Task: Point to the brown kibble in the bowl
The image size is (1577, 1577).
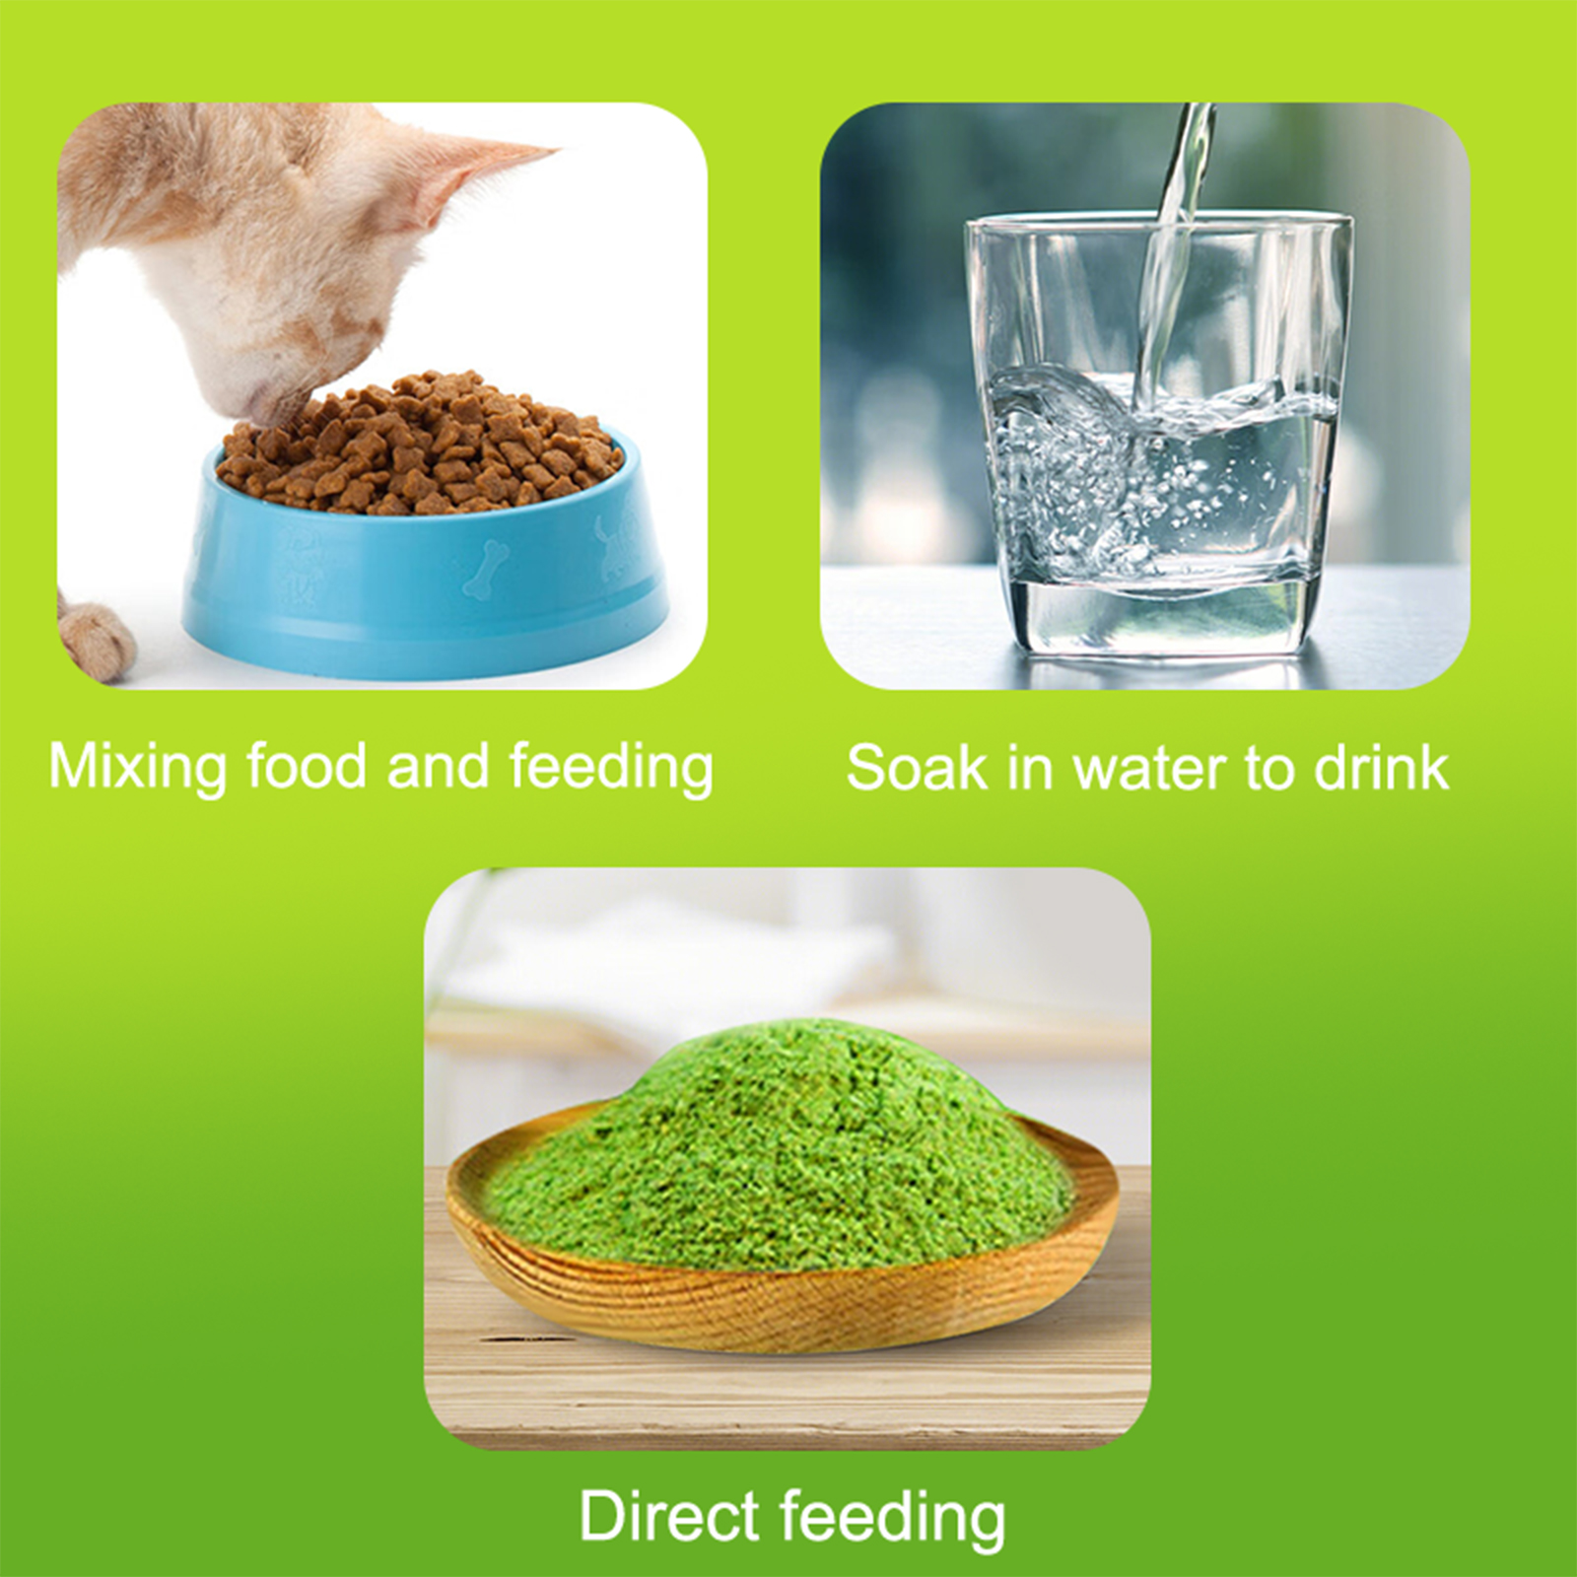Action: pos(419,444)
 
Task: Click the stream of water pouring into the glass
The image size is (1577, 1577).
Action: pos(1173,256)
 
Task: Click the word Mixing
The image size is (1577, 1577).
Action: pos(138,768)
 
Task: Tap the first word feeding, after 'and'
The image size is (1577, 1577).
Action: pos(611,768)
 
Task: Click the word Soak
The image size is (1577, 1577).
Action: pos(917,768)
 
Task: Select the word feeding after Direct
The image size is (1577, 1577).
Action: pos(893,1519)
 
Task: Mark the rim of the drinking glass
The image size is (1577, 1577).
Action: pos(1159,223)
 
